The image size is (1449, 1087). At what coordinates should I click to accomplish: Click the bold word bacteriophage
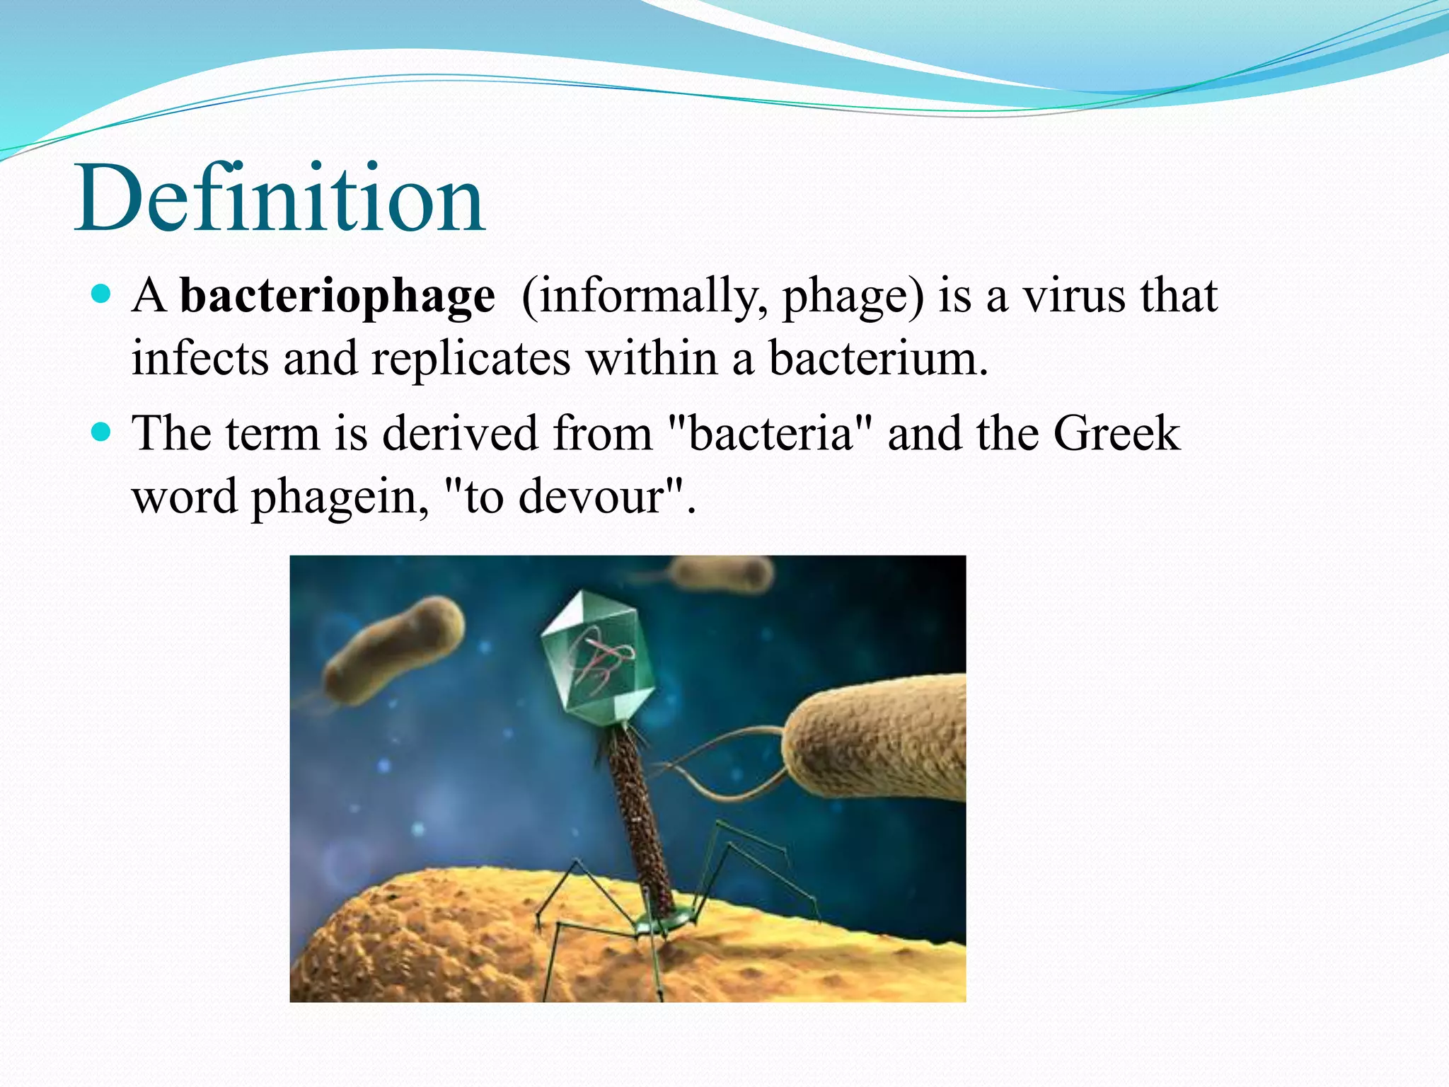click(337, 296)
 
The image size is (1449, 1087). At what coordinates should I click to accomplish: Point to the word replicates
click(471, 359)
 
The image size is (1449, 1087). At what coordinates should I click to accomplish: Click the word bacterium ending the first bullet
click(877, 359)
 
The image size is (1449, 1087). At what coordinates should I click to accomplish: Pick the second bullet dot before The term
click(102, 431)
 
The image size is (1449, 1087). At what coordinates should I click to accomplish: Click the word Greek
click(1116, 433)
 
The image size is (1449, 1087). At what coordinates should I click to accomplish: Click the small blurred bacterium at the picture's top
click(722, 573)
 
